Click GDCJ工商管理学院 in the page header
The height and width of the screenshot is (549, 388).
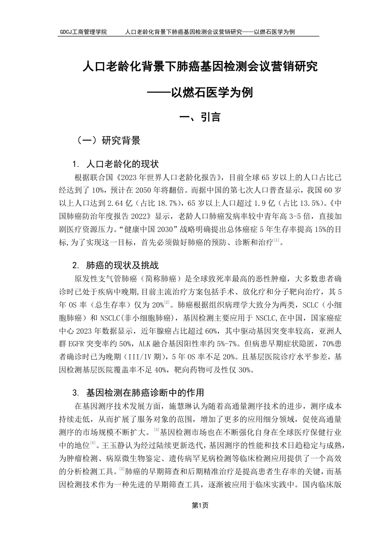click(83, 32)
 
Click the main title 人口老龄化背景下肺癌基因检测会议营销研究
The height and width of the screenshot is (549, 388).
click(200, 67)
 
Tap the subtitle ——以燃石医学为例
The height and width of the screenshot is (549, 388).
click(200, 93)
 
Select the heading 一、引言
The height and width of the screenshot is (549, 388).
click(200, 117)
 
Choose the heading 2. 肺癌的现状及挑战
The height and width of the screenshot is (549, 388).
click(115, 266)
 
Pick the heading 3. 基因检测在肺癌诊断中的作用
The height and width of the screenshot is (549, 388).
click(138, 393)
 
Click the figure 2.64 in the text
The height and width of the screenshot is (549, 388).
click(116, 203)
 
